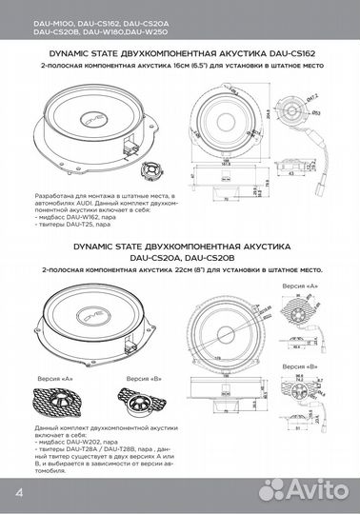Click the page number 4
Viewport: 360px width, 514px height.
19,494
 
